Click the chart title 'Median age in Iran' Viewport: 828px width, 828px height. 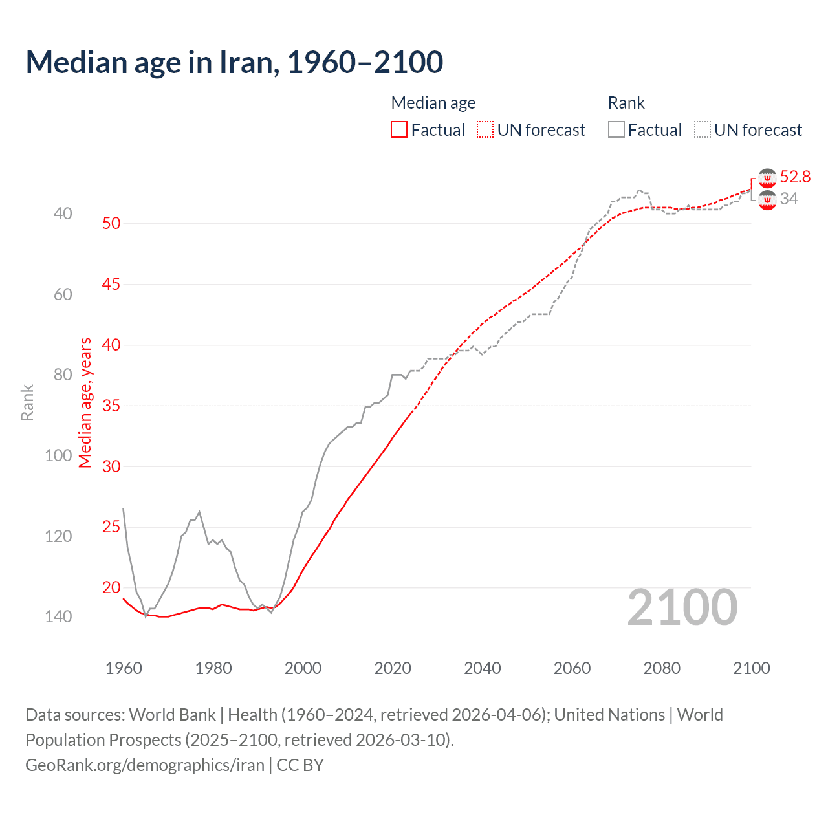coord(234,62)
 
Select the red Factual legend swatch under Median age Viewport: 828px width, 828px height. coord(399,130)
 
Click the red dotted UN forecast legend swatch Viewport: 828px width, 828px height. coord(485,130)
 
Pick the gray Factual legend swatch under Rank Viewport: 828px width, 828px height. coord(616,130)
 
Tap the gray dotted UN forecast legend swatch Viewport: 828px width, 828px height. coord(703,130)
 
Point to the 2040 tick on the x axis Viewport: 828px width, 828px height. coord(482,668)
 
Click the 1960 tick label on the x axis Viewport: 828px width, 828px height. coord(124,668)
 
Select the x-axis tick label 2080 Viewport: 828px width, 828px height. coord(661,668)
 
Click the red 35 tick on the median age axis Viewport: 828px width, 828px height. coord(111,406)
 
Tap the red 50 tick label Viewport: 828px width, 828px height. coord(111,223)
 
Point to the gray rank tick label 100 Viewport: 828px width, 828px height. coord(58,455)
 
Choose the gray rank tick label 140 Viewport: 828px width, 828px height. coord(58,616)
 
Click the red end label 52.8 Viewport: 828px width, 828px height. coord(795,177)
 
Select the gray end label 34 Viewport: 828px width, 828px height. coord(789,199)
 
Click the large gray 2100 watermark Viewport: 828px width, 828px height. coord(682,607)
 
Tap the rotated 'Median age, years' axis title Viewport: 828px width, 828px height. coord(85,402)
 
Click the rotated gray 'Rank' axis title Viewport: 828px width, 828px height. coord(27,403)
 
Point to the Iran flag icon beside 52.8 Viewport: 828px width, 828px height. coord(767,178)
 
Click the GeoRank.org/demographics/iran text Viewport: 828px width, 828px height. coord(144,765)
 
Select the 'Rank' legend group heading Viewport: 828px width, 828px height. coord(626,103)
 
